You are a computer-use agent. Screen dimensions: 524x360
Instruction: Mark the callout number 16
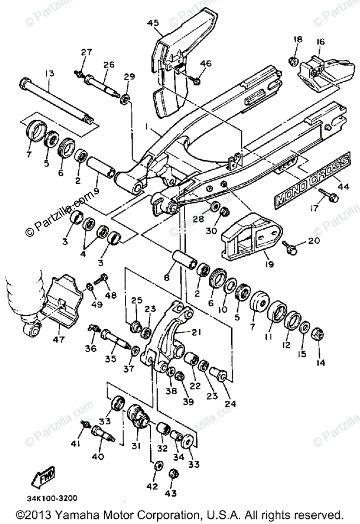click(x=320, y=42)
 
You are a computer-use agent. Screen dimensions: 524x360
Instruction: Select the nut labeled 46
click(x=197, y=80)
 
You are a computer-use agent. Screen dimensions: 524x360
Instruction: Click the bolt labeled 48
click(x=103, y=278)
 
